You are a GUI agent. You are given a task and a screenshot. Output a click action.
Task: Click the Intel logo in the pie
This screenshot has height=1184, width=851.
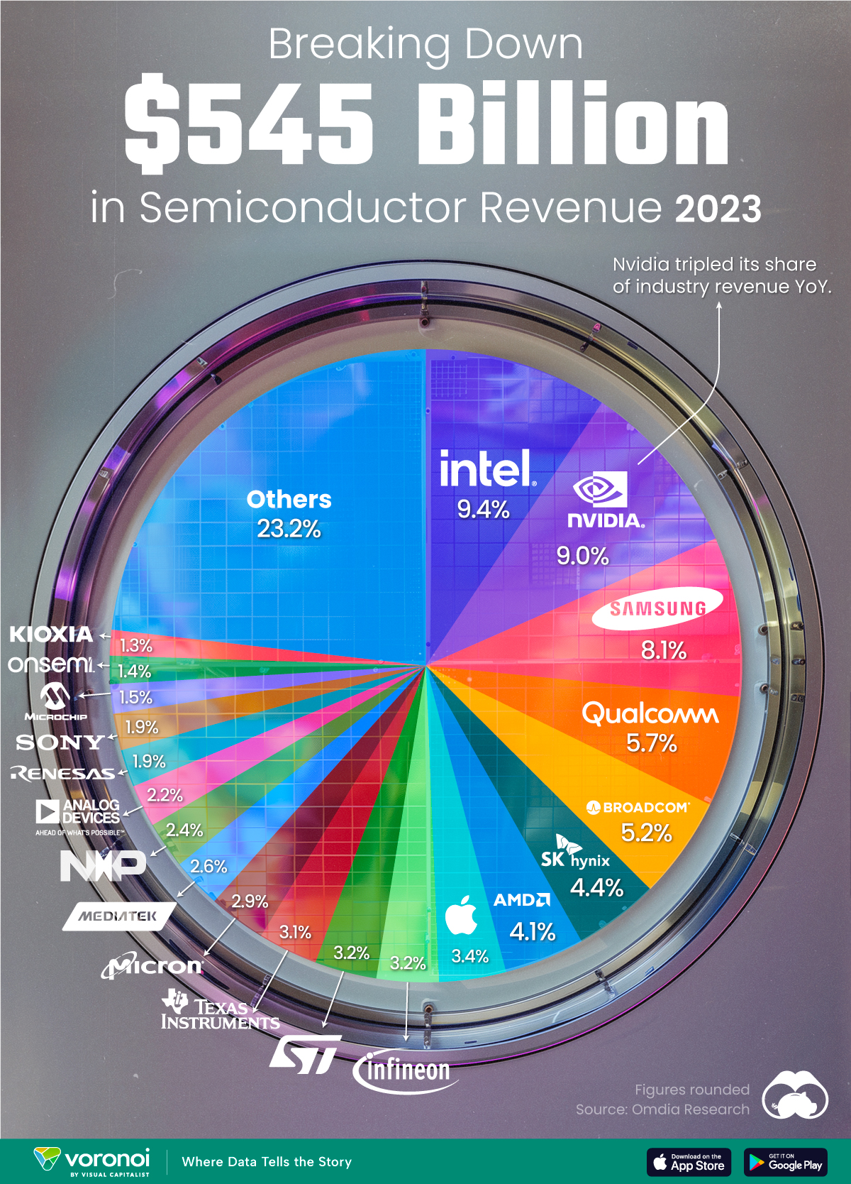(x=486, y=469)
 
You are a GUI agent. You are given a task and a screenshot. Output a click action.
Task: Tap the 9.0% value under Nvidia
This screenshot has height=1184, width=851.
(x=582, y=556)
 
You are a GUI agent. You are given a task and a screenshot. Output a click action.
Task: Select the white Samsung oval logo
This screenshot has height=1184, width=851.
(x=658, y=608)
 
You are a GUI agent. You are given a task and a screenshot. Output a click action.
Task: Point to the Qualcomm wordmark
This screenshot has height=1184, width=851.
(x=650, y=713)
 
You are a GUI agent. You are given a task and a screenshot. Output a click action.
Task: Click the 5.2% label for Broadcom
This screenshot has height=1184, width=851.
(x=646, y=833)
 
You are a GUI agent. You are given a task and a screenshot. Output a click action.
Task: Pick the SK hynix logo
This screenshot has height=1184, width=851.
(x=574, y=853)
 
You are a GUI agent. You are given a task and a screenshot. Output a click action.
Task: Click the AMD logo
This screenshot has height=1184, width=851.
(x=522, y=900)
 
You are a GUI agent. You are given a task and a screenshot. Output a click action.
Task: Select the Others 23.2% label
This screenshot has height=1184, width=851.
(x=289, y=514)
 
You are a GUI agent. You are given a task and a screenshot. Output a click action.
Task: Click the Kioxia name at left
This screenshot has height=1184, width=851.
(x=51, y=634)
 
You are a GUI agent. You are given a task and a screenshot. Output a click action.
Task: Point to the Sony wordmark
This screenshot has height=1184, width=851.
(x=60, y=742)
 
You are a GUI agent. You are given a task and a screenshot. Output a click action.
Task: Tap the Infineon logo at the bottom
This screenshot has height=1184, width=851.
(x=404, y=1070)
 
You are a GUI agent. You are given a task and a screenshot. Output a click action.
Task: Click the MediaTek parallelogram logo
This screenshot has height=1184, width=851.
(x=118, y=916)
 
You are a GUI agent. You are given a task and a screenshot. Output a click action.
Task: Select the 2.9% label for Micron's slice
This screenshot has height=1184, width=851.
(x=250, y=901)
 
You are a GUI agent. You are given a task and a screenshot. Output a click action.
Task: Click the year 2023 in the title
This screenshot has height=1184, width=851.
(x=718, y=209)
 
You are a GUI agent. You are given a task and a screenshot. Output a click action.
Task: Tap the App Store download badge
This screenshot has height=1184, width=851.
(x=689, y=1162)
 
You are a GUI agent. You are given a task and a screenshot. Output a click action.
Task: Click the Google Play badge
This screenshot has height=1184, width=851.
(x=786, y=1162)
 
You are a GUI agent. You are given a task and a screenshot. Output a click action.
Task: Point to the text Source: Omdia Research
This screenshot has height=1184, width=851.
(x=662, y=1109)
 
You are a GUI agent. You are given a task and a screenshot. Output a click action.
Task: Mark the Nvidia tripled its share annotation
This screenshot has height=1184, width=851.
(x=721, y=275)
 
